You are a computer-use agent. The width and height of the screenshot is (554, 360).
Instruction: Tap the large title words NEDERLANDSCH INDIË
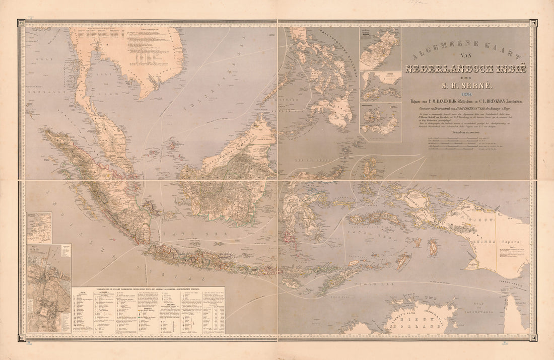[x=465, y=68]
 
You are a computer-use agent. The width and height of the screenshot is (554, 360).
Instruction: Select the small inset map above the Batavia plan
[x=39, y=228]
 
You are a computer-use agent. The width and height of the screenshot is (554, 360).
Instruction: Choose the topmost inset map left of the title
[x=380, y=49]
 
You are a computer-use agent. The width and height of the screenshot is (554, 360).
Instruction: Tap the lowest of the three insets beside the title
[x=380, y=121]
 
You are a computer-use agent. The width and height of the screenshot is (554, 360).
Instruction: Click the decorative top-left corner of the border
[x=21, y=23]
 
